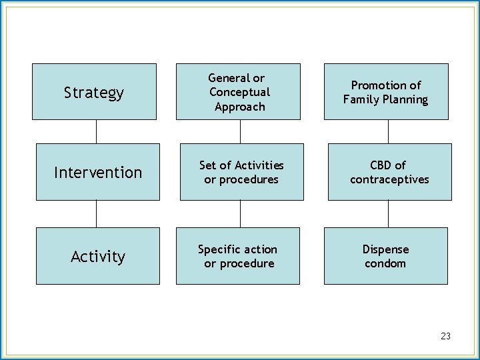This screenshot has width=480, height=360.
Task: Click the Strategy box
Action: pyautogui.click(x=94, y=92)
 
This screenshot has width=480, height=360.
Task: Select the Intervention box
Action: pyautogui.click(x=98, y=172)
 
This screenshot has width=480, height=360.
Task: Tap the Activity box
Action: pyautogui.click(x=98, y=256)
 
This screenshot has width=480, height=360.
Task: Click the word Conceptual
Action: pyautogui.click(x=239, y=92)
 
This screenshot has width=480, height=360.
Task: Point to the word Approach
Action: pyautogui.click(x=240, y=107)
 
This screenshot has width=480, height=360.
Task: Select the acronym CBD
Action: pyautogui.click(x=377, y=165)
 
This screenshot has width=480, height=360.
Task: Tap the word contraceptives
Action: pyautogui.click(x=389, y=179)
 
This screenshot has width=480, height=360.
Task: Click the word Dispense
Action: pyautogui.click(x=385, y=249)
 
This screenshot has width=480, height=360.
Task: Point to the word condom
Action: pyautogui.click(x=385, y=263)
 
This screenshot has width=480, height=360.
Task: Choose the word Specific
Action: pyautogui.click(x=219, y=249)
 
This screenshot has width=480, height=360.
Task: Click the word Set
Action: pyautogui.click(x=207, y=165)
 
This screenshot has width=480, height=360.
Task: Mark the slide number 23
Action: pyautogui.click(x=445, y=336)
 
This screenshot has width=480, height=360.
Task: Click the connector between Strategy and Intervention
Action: pyautogui.click(x=97, y=131)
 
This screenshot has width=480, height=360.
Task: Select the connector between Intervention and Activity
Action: pyautogui.click(x=97, y=213)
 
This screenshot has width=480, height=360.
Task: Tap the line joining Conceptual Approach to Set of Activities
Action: pyautogui.click(x=240, y=131)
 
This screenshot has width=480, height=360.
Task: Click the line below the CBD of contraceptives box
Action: pyautogui.click(x=388, y=213)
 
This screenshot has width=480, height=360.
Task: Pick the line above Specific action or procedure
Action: pyautogui.click(x=240, y=213)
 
